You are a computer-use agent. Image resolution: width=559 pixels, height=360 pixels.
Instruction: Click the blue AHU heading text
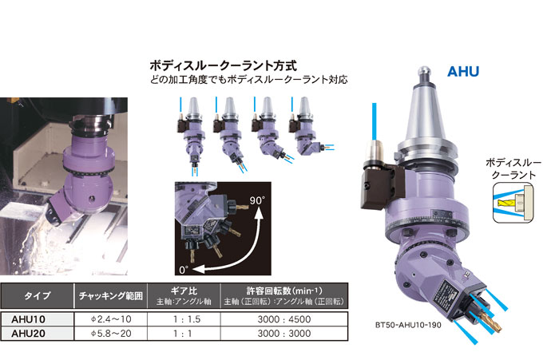(463, 72)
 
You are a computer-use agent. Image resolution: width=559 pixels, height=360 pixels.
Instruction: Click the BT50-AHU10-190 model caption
(408, 325)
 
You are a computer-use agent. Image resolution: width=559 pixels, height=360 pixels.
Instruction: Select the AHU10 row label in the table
(29, 319)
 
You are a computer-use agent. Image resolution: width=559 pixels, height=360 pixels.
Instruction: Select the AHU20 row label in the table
(29, 334)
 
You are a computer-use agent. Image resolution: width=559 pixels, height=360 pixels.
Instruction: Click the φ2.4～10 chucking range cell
(111, 319)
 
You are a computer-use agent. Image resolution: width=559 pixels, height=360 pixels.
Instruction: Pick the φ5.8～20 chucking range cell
(111, 334)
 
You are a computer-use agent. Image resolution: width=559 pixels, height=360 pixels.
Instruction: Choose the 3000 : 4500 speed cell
(284, 319)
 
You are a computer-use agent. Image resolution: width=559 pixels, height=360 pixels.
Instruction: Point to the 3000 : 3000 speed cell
(284, 334)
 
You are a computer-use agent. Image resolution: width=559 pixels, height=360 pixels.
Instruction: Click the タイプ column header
(37, 296)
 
